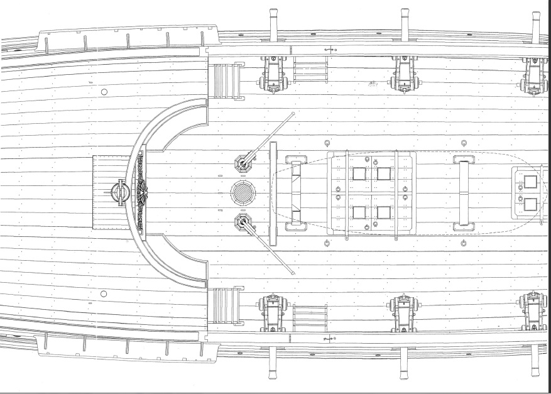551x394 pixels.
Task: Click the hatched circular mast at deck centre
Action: click(x=243, y=192)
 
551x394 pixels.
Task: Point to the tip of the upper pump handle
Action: click(x=293, y=114)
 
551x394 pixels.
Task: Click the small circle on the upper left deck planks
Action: click(x=104, y=92)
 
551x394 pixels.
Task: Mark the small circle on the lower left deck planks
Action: click(x=104, y=293)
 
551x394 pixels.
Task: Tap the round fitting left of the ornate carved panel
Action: click(x=119, y=191)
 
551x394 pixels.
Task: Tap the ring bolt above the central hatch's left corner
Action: click(x=327, y=143)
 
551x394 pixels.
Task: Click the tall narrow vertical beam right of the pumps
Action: click(x=273, y=193)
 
